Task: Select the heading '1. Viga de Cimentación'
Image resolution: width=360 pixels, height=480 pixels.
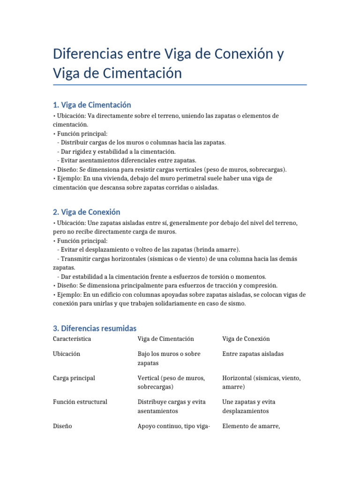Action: coord(92,105)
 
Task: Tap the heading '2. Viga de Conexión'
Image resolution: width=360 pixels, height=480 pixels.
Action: coord(87,212)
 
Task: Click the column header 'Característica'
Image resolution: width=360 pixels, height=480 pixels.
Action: coord(72,338)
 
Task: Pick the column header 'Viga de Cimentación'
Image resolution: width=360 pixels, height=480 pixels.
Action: coord(165,338)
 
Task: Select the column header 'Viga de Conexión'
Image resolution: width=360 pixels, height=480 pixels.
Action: coord(246,338)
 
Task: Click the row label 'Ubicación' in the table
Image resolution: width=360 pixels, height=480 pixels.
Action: coord(67,353)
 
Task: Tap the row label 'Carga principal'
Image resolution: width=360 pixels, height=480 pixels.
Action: coord(74,378)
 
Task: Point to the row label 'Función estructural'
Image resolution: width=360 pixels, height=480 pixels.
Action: coord(80,402)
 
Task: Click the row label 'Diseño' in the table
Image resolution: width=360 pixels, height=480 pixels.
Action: coord(63,426)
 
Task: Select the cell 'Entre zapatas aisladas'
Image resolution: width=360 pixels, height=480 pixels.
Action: coord(253,353)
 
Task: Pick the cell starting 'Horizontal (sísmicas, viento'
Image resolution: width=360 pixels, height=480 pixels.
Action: coord(261,382)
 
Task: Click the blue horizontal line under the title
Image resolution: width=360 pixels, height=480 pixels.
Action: coord(180,85)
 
